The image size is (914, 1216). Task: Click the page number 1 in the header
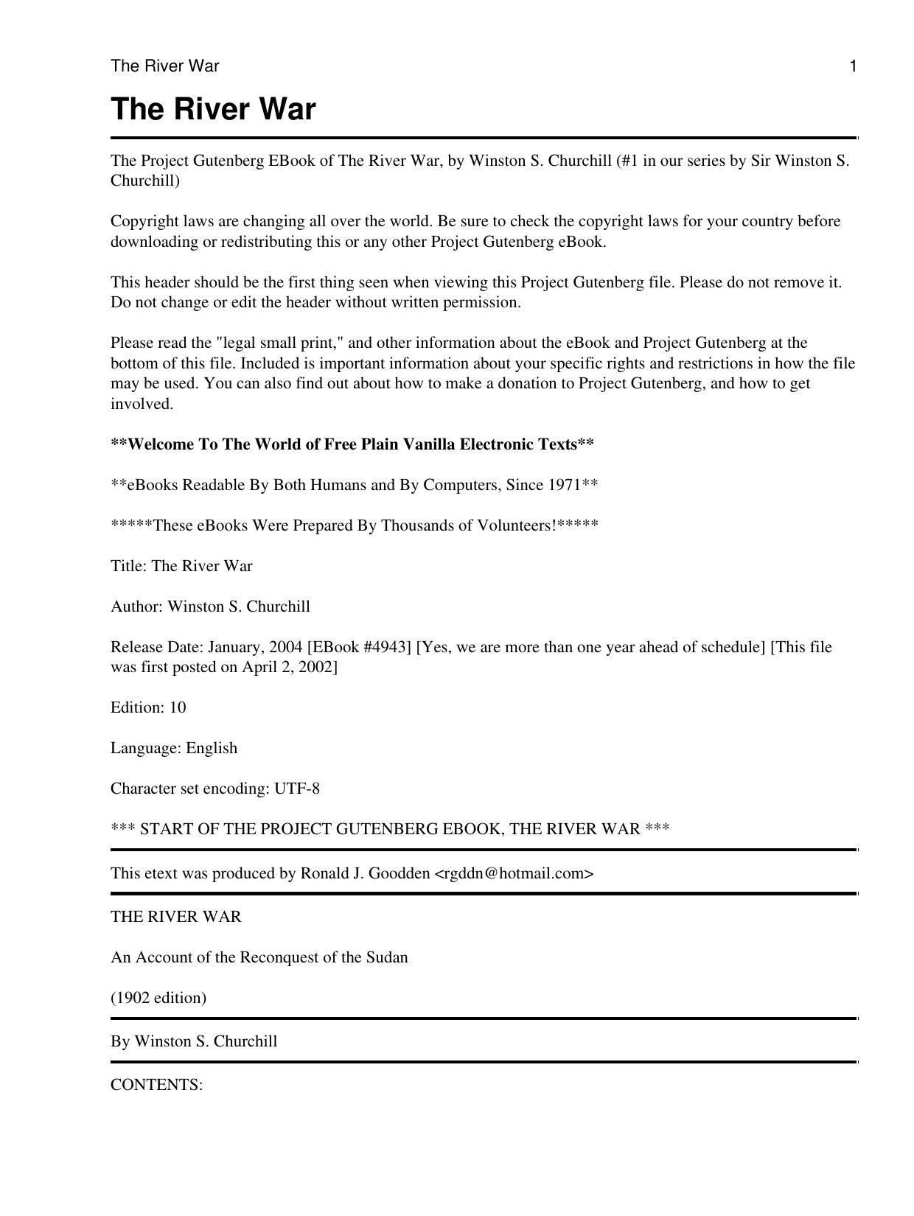pyautogui.click(x=853, y=66)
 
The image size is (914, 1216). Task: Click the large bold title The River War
pyautogui.click(x=213, y=109)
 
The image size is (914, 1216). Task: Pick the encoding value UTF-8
pyautogui.click(x=297, y=789)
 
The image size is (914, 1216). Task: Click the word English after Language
pyautogui.click(x=212, y=748)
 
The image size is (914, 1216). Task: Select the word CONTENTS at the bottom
pyautogui.click(x=156, y=1085)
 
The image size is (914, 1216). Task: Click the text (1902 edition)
pyautogui.click(x=158, y=998)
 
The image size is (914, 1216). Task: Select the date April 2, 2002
pyautogui.click(x=290, y=667)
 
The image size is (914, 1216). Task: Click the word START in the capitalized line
pyautogui.click(x=163, y=829)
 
